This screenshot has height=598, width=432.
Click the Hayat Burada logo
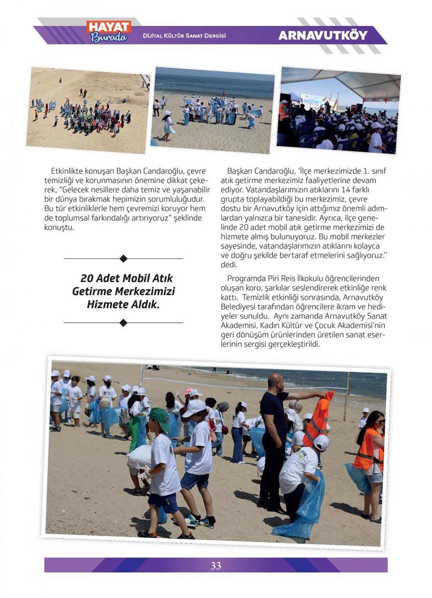109,32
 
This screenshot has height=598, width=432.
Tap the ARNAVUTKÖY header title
323,35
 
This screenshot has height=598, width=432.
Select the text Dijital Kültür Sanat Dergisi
184,36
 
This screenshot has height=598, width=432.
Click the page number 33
216,566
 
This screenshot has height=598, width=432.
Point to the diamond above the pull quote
123,259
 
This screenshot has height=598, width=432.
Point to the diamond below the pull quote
123,323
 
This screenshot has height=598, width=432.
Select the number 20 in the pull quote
87,278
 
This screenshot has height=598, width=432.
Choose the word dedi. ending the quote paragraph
229,265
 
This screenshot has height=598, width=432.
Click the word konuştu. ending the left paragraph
59,228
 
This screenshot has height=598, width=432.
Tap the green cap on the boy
159,415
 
